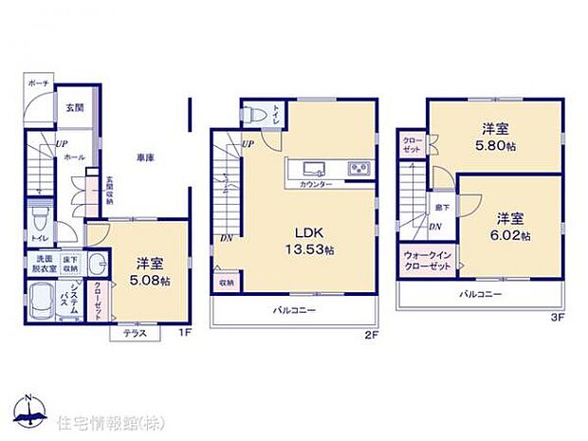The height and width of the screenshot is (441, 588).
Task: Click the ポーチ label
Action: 38,83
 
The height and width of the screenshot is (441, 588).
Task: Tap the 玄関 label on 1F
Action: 75,107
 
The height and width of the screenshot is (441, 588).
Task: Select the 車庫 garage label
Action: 144,158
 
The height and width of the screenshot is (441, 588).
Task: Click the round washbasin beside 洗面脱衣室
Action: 98,265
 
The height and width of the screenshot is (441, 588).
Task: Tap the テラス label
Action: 134,334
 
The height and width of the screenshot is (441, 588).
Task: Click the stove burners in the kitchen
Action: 359,169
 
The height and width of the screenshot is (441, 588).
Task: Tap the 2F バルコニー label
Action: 296,310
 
